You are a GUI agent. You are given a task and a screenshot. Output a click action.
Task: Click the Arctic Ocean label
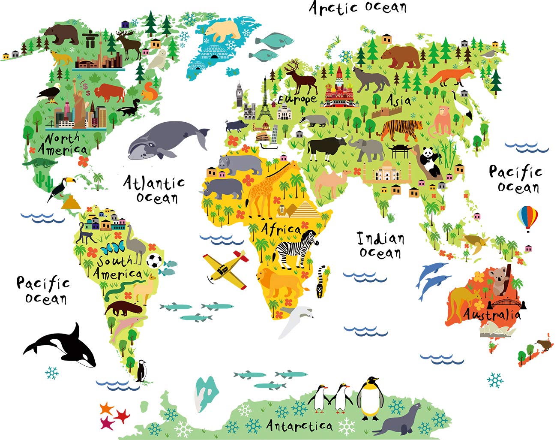358,8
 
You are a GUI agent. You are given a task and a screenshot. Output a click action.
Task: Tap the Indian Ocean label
380,245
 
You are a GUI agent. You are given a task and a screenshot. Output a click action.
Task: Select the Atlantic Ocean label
155,190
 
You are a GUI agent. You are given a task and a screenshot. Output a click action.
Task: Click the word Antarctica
299,425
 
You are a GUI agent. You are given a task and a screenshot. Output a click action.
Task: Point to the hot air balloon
527,217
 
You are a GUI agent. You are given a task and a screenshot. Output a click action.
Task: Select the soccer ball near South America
154,260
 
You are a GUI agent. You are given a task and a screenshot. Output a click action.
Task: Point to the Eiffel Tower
265,99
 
